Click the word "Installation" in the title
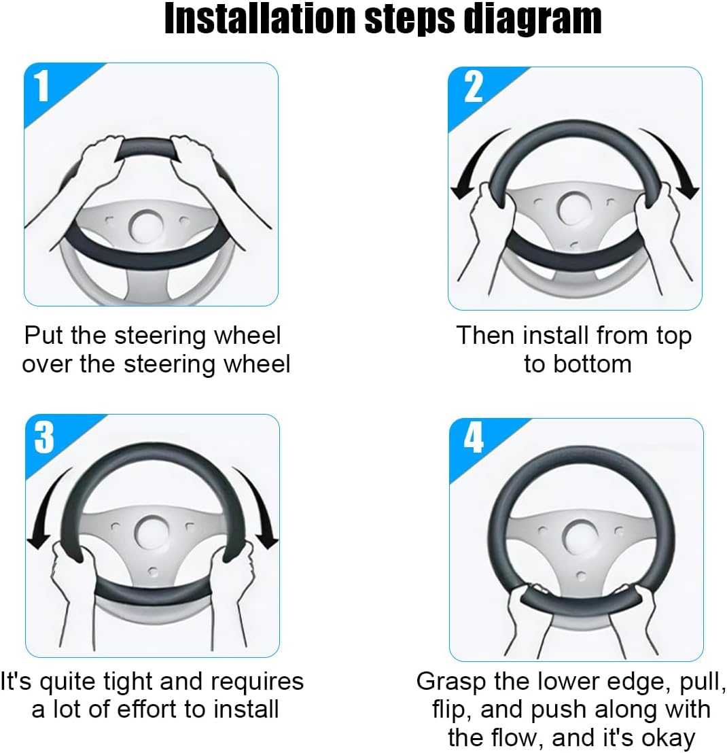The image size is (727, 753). pyautogui.click(x=261, y=19)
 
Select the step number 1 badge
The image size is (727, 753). pyautogui.click(x=43, y=86)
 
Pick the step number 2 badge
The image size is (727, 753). pyautogui.click(x=473, y=87)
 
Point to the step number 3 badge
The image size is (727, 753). pyautogui.click(x=44, y=437)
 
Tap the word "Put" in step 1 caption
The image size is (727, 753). pyautogui.click(x=43, y=335)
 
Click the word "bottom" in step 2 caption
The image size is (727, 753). pyautogui.click(x=592, y=364)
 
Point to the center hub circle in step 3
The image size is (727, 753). pyautogui.click(x=152, y=532)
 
